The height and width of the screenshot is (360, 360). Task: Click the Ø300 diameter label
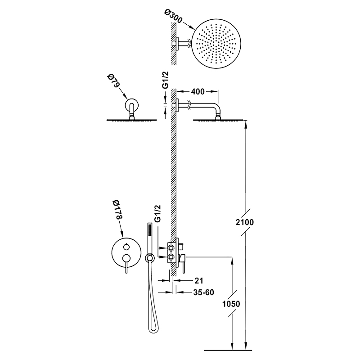(173, 16)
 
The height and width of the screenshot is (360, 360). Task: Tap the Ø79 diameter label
(114, 81)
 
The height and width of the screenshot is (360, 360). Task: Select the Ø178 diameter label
(117, 209)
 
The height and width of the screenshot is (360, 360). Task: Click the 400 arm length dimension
(198, 92)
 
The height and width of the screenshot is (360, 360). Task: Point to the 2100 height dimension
(245, 222)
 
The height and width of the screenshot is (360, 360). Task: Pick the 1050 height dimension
(231, 304)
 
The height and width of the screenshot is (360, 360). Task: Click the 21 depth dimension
(199, 280)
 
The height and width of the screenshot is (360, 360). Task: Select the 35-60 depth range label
(203, 292)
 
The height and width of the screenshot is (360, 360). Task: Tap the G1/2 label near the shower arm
(165, 80)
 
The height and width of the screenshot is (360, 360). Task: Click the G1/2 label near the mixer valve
(158, 213)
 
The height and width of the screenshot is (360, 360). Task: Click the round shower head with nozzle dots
(217, 44)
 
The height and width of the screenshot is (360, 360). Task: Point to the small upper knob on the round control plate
(126, 247)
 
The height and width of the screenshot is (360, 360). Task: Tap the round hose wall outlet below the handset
(150, 258)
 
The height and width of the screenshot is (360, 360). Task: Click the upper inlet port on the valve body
(171, 248)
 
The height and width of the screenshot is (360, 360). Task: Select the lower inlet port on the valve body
(171, 256)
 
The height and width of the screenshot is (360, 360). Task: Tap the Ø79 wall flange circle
(132, 106)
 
